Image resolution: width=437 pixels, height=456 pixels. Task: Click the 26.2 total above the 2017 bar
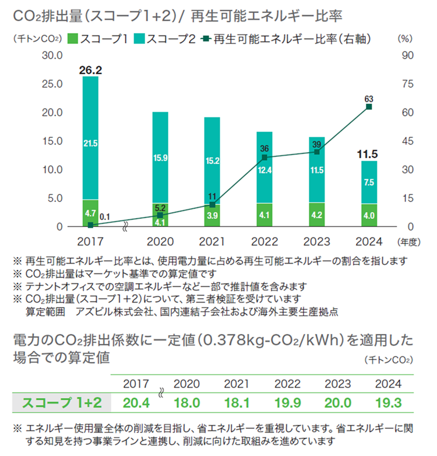point(90,70)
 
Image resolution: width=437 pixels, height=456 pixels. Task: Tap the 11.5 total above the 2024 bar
point(368,154)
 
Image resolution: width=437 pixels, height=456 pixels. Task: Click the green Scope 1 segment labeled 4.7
point(90,213)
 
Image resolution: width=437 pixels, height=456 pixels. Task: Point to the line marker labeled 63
point(369,107)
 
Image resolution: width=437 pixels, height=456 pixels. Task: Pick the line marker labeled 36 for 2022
point(265,157)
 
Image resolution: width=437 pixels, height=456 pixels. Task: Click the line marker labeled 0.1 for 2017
point(90,225)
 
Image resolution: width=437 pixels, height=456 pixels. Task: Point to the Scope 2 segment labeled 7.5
point(368,183)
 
